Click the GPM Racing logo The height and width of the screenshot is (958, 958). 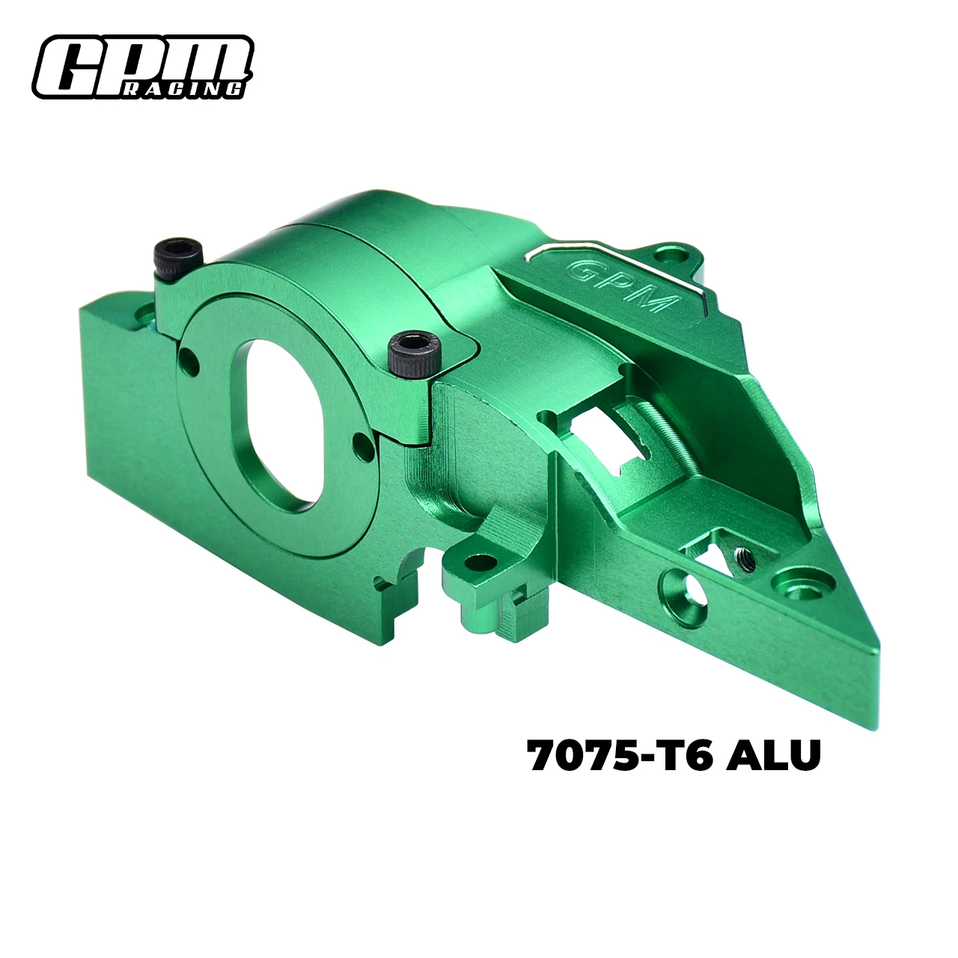[x=141, y=67]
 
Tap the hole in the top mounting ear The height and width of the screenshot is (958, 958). [x=678, y=257]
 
